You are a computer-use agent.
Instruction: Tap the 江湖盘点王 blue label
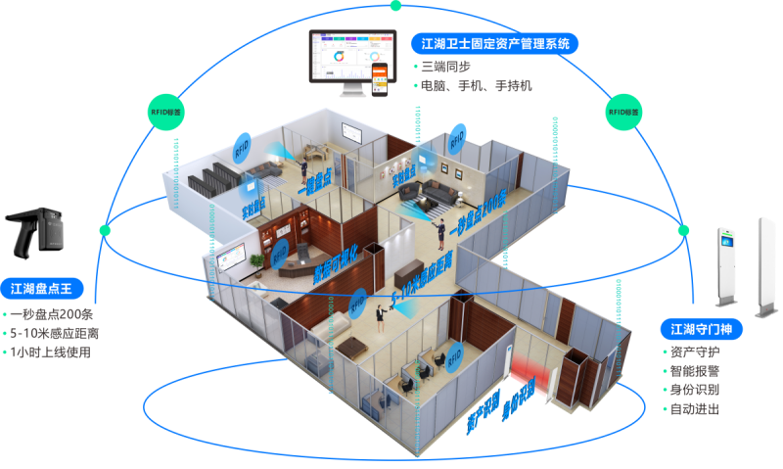[48, 289]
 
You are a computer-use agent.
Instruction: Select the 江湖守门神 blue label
[700, 328]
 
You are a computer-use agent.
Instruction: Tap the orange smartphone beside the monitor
[388, 79]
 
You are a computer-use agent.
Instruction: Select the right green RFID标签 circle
[622, 113]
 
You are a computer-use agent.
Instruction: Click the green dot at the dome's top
[394, 6]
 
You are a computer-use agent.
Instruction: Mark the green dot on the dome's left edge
[106, 230]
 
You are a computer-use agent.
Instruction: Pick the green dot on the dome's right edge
[684, 230]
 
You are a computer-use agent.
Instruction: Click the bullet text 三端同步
[446, 67]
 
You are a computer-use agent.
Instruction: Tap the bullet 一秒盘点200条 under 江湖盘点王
[53, 314]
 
